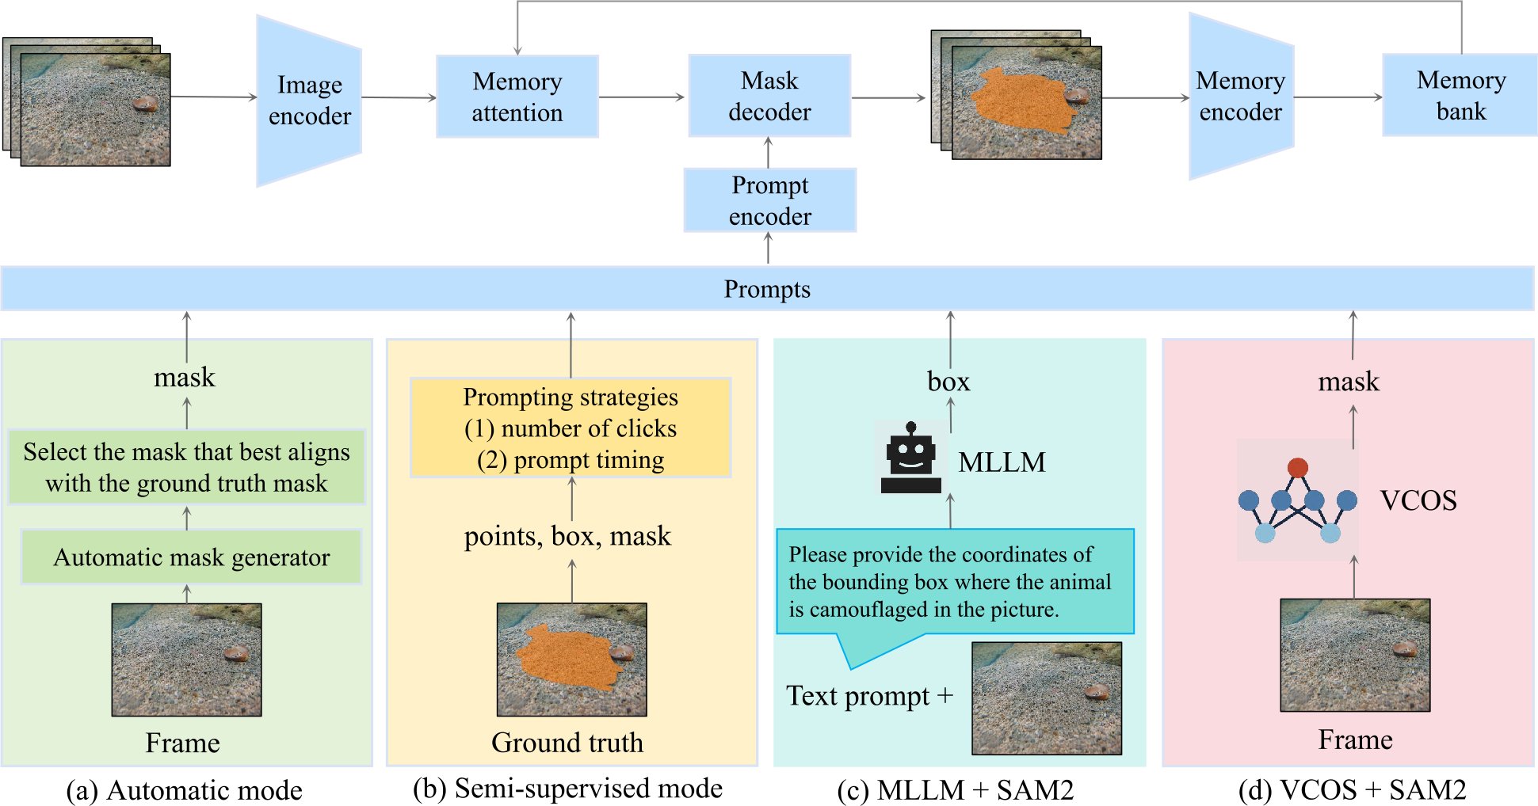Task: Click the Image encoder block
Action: tap(309, 101)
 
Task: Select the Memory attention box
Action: tap(517, 97)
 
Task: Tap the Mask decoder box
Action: tap(769, 96)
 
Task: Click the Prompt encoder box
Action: tap(769, 200)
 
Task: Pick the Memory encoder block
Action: tap(1240, 97)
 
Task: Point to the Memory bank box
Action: tap(1460, 95)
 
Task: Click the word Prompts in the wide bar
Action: tap(767, 289)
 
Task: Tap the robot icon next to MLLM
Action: tap(910, 458)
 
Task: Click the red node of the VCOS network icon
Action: tap(1297, 467)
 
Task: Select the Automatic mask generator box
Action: tap(191, 557)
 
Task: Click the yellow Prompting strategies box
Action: tap(571, 428)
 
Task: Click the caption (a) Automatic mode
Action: tap(185, 790)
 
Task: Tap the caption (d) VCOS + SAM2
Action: tap(1352, 790)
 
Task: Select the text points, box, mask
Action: tap(567, 536)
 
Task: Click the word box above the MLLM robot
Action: tap(948, 382)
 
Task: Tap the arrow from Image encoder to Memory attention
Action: tap(399, 97)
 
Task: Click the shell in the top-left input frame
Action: tap(145, 105)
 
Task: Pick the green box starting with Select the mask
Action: tap(186, 467)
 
